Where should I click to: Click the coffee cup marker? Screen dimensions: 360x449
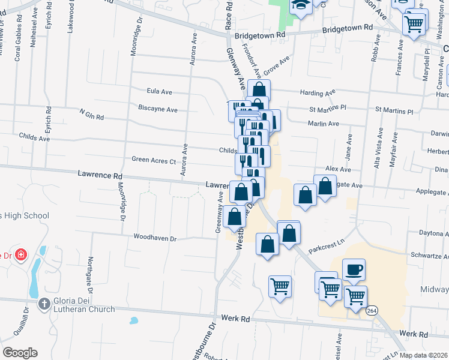pyautogui.click(x=354, y=269)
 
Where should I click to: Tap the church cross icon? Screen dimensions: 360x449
pyautogui.click(x=44, y=304)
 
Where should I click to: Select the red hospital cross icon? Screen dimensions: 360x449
pyautogui.click(x=21, y=254)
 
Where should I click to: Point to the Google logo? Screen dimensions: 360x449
pyautogui.click(x=20, y=352)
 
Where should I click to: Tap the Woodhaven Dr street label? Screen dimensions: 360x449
pyautogui.click(x=155, y=238)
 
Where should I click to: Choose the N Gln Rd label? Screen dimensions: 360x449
pyautogui.click(x=92, y=113)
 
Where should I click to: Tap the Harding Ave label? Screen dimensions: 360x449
pyautogui.click(x=322, y=94)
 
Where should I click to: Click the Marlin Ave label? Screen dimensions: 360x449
pyautogui.click(x=324, y=124)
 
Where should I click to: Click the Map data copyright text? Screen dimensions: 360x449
pyautogui.click(x=420, y=355)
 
